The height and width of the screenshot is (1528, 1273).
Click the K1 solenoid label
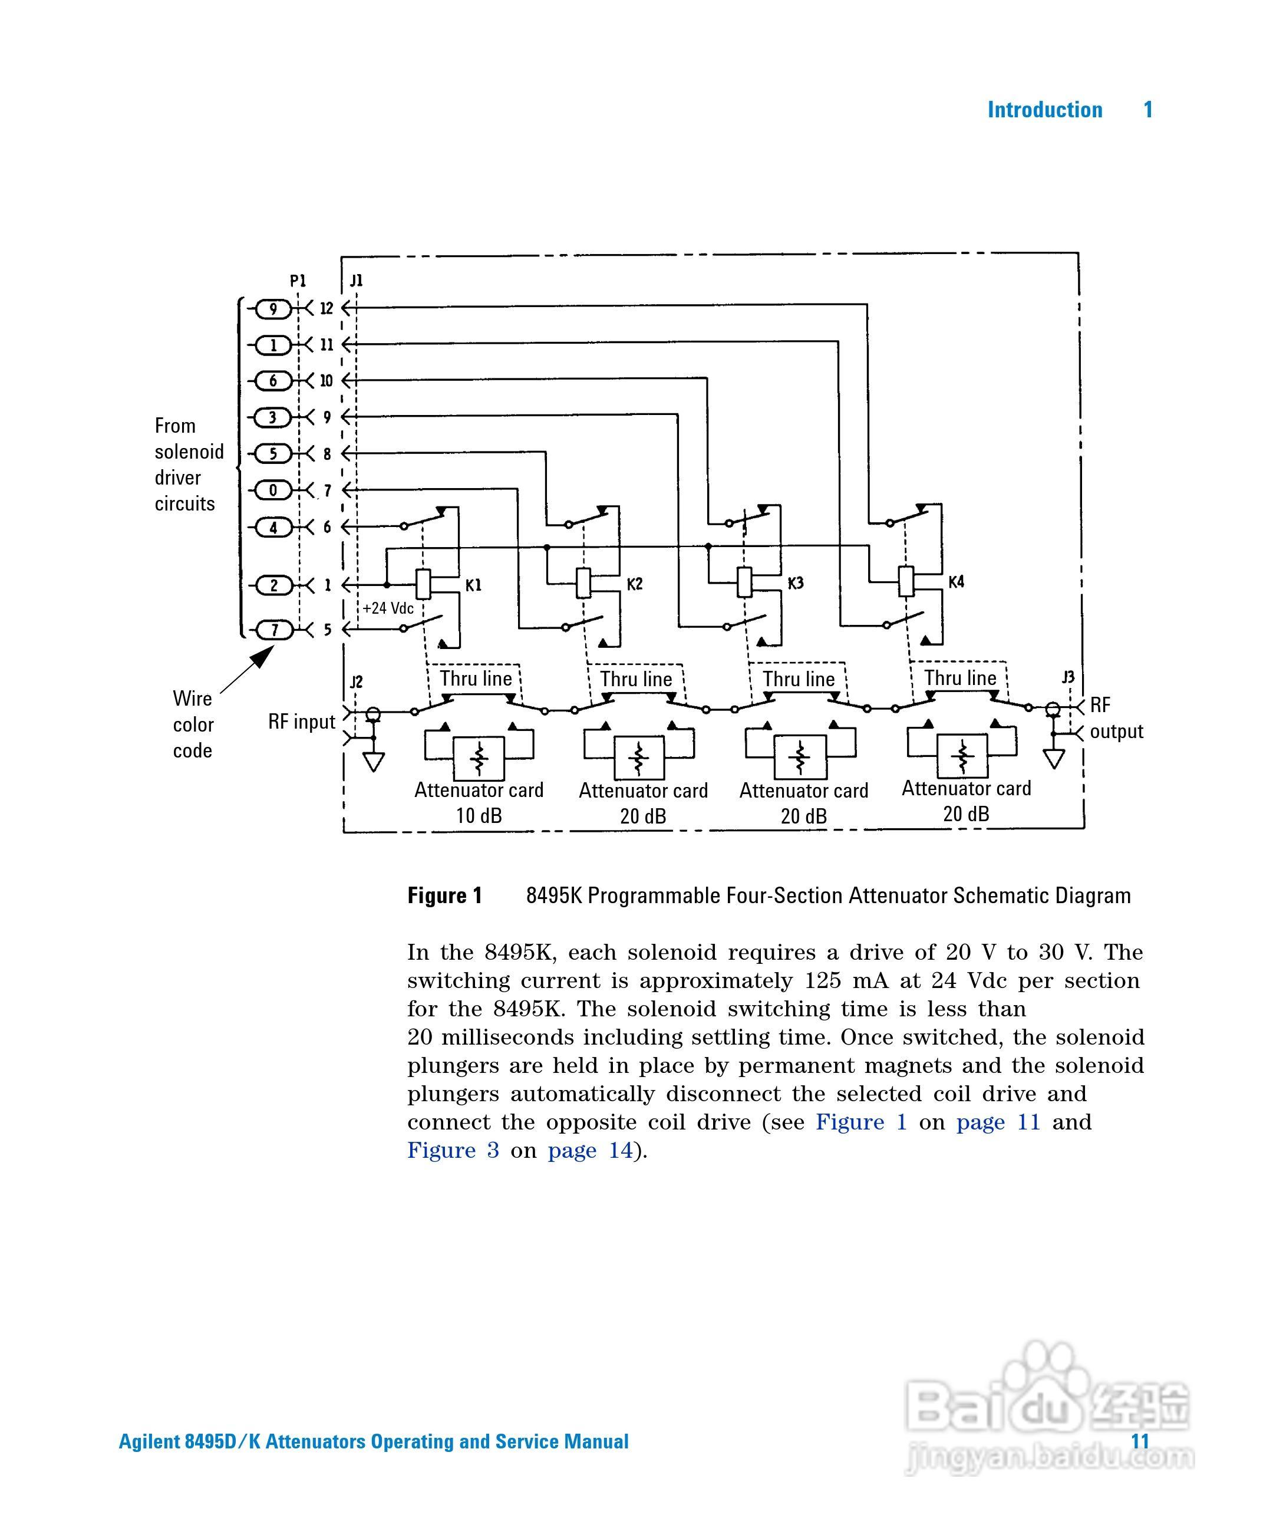click(474, 585)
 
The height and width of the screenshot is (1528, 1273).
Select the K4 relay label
click(956, 582)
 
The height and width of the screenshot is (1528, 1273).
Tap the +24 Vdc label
click(388, 608)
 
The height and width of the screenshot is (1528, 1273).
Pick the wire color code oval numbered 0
click(273, 490)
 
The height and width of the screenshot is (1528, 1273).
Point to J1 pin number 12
click(327, 308)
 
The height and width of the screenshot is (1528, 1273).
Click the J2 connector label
click(357, 682)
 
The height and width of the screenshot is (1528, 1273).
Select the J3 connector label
click(1068, 678)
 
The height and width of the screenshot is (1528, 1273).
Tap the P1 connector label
click(298, 281)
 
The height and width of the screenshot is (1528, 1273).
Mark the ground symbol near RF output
click(1054, 759)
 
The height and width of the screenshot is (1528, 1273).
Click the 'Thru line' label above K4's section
click(960, 678)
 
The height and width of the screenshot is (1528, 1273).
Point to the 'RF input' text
click(302, 722)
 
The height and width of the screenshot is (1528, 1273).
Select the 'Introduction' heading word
click(1044, 110)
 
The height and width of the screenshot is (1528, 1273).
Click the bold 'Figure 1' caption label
click(444, 895)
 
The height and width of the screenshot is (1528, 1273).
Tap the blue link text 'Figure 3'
click(453, 1150)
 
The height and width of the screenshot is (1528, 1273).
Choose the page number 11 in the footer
click(1140, 1441)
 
